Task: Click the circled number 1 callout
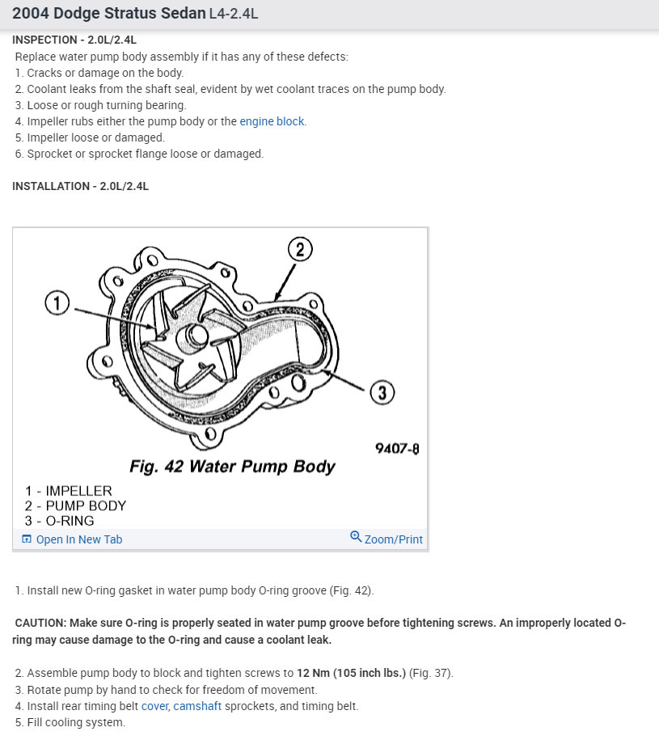pyautogui.click(x=57, y=304)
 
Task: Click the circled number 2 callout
pyautogui.click(x=300, y=249)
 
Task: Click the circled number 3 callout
pyautogui.click(x=382, y=393)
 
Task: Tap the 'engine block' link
pyautogui.click(x=272, y=121)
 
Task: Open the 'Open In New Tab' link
pyautogui.click(x=78, y=539)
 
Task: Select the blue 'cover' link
pyautogui.click(x=154, y=706)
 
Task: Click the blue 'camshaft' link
pyautogui.click(x=197, y=706)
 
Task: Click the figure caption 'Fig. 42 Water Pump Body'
pyautogui.click(x=232, y=467)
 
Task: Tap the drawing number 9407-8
pyautogui.click(x=397, y=448)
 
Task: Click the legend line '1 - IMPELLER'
pyautogui.click(x=69, y=491)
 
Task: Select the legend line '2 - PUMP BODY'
pyautogui.click(x=75, y=506)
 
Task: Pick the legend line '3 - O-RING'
pyautogui.click(x=59, y=522)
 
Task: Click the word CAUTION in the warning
pyautogui.click(x=40, y=623)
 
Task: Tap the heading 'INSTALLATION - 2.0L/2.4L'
pyautogui.click(x=80, y=186)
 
